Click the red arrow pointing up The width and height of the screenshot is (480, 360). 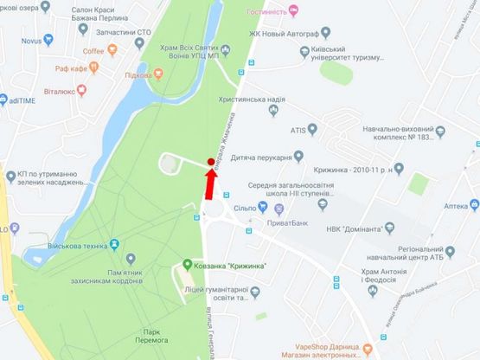click(x=208, y=183)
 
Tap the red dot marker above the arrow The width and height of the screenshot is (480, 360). click(x=211, y=162)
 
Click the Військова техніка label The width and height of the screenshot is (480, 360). click(x=85, y=246)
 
